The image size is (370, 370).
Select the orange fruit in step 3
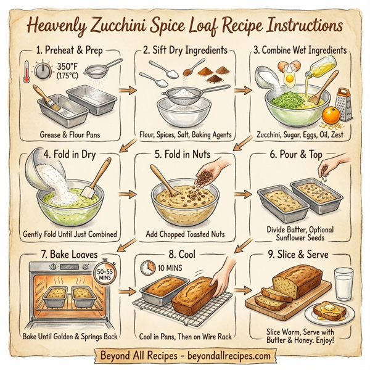[333, 115]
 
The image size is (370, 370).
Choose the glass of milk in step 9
[343, 282]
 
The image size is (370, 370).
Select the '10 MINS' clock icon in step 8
[147, 267]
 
